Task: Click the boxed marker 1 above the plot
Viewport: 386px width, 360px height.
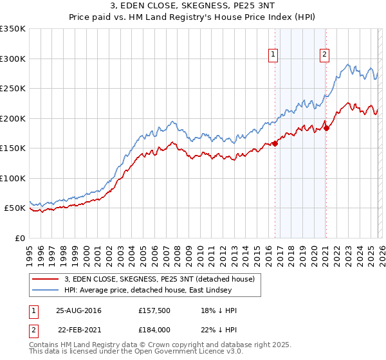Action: coord(274,55)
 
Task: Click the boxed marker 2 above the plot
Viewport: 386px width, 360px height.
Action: coord(324,55)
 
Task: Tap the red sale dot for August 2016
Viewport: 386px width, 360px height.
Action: coord(275,143)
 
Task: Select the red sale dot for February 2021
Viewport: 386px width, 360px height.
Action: coord(326,127)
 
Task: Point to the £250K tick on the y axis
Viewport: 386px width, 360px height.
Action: coord(12,89)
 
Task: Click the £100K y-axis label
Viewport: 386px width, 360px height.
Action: coord(12,178)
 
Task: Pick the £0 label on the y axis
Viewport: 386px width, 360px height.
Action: coord(19,238)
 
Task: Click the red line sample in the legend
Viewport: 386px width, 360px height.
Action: coord(46,279)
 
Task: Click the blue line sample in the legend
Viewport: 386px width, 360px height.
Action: coord(46,290)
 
